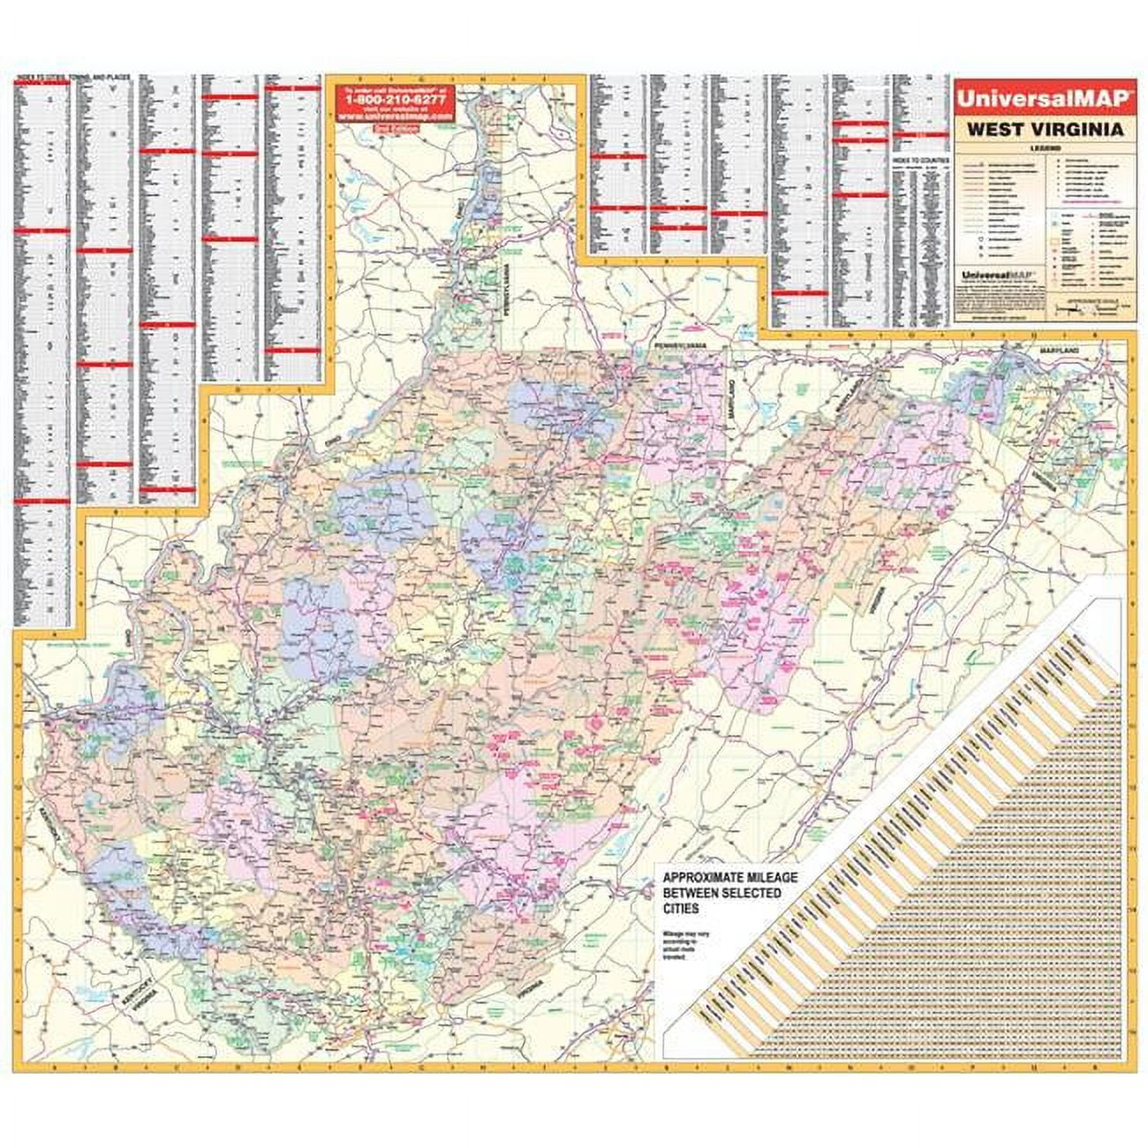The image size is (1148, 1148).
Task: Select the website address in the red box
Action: [x=393, y=116]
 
